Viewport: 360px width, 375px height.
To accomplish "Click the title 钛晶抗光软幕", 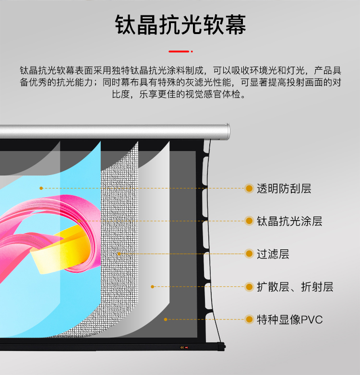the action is tap(180, 25).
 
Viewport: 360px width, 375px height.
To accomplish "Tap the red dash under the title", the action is tap(178, 50).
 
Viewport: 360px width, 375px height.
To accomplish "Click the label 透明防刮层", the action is tap(284, 188).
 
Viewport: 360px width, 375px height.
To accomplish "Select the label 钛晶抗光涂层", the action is tap(289, 221).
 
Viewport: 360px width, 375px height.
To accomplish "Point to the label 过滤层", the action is tap(273, 254).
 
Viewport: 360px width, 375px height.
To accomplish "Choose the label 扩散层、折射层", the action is tap(295, 287).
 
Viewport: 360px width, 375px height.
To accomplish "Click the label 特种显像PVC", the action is tap(289, 319).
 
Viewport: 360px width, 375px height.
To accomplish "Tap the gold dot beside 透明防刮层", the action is tap(249, 188).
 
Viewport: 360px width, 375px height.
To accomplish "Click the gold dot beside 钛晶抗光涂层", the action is tap(249, 221).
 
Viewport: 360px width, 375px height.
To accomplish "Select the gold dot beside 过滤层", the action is tap(249, 254).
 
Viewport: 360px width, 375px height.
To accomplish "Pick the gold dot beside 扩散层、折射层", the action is tap(249, 287).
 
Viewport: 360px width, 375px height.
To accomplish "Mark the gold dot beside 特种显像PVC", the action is tap(249, 319).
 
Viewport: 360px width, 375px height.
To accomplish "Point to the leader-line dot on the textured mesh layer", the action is tap(119, 254).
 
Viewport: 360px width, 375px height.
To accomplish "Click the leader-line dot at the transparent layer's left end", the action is tap(41, 188).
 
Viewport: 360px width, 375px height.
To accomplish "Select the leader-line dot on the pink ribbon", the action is tap(78, 221).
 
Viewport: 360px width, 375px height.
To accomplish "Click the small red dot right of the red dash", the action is tap(192, 50).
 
